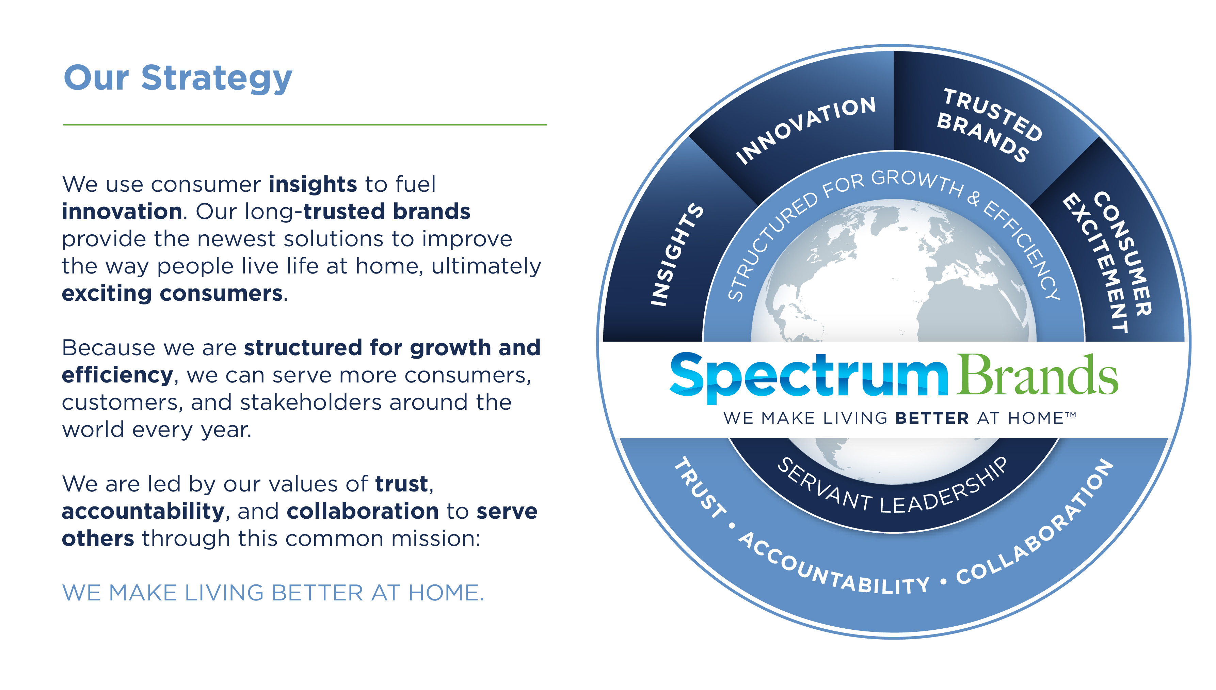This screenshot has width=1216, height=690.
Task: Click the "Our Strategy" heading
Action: [x=178, y=79]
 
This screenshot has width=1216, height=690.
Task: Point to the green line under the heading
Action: [x=305, y=125]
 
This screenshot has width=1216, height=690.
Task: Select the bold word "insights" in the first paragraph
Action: [x=313, y=184]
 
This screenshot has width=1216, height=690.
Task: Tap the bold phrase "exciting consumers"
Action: [x=173, y=293]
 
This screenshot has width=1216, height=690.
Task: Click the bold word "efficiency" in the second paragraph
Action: [x=117, y=375]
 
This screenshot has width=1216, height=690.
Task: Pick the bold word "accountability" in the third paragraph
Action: [x=143, y=511]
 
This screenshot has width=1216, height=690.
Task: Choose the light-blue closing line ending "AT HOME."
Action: [x=273, y=593]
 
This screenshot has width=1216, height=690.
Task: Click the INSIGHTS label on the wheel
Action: [x=676, y=254]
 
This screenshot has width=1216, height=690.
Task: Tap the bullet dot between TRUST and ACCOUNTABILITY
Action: [x=732, y=526]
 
